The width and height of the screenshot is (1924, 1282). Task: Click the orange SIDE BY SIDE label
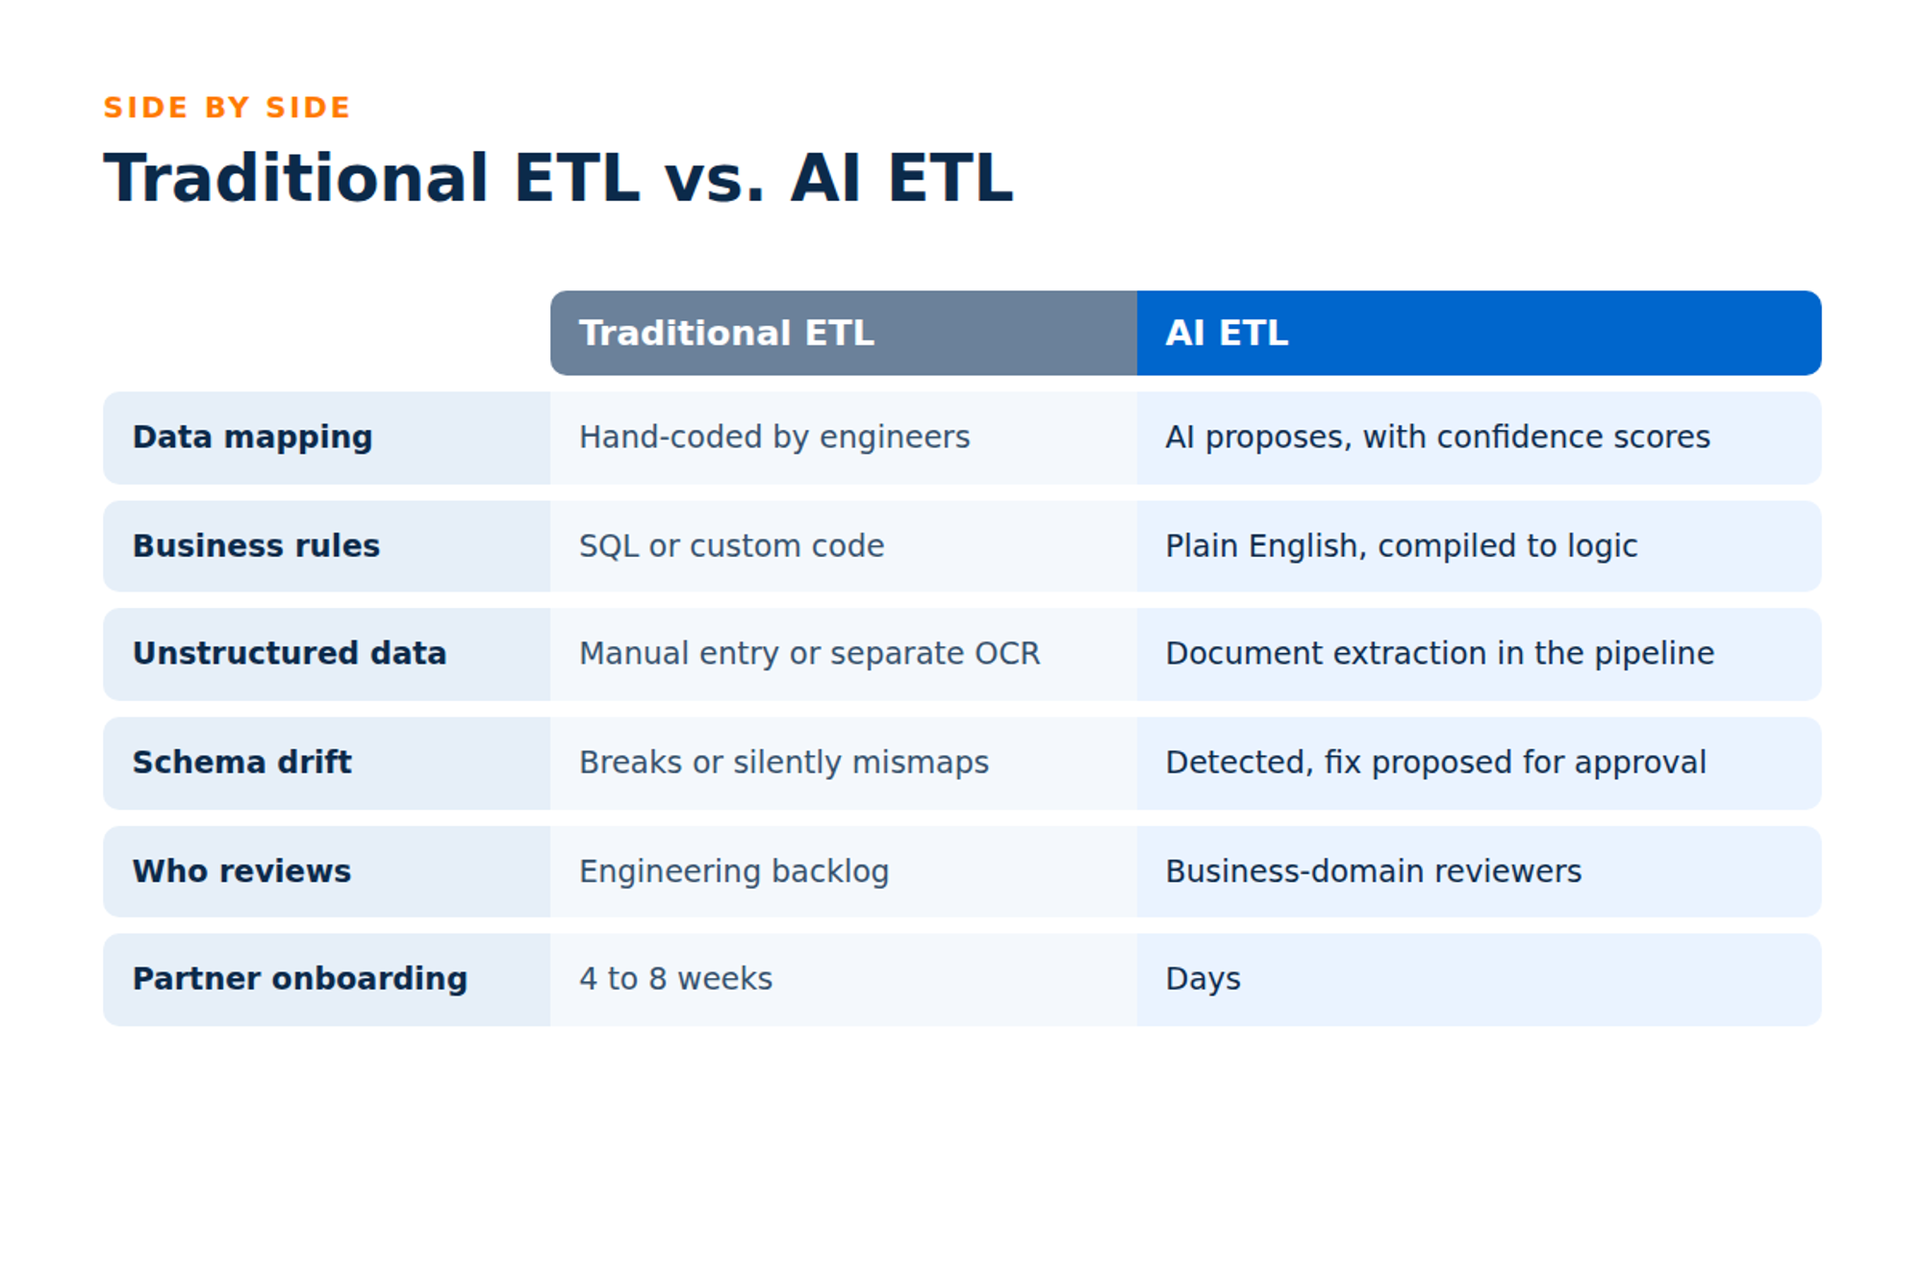click(227, 107)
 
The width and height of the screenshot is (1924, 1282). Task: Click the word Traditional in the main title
click(296, 179)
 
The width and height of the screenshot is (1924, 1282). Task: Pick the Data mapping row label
click(252, 438)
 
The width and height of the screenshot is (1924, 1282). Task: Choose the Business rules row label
click(256, 545)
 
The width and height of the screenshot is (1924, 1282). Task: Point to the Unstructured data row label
click(290, 653)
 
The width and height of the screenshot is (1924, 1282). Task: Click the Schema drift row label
click(241, 762)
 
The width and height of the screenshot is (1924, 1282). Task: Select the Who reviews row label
click(241, 870)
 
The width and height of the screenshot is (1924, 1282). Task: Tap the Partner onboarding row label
click(300, 979)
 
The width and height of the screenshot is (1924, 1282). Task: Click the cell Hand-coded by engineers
click(774, 438)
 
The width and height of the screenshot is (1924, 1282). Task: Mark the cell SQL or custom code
click(731, 545)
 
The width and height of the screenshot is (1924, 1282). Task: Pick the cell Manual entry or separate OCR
click(809, 653)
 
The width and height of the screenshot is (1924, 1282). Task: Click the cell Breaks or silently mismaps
click(783, 763)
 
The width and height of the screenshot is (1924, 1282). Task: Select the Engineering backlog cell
click(734, 871)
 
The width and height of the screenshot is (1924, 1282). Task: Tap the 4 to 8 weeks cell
click(675, 978)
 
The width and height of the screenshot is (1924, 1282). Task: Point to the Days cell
click(1202, 979)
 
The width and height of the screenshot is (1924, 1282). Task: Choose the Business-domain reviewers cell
click(1374, 870)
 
